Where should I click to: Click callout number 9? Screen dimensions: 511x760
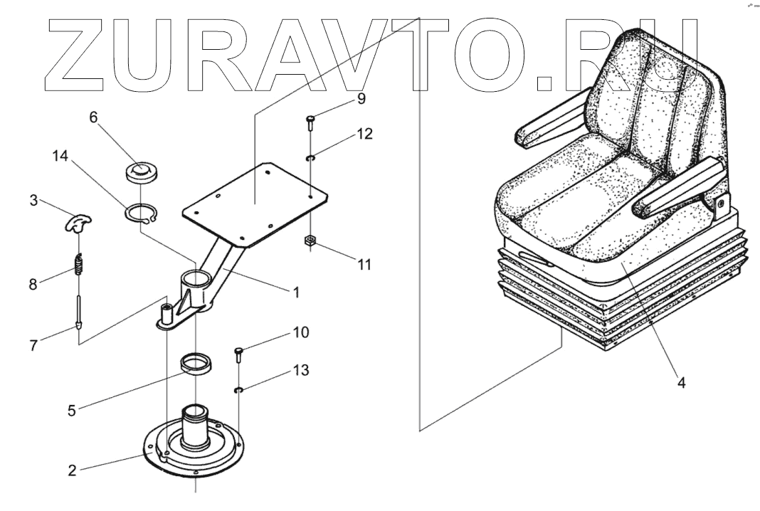pos(361,99)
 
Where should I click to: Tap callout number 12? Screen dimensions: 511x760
pos(364,134)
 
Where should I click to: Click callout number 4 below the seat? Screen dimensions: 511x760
pos(681,382)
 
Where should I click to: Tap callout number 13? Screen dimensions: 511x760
pos(300,371)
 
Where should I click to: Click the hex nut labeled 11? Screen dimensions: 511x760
pos(310,242)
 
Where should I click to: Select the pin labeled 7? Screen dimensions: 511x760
pos(78,313)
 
